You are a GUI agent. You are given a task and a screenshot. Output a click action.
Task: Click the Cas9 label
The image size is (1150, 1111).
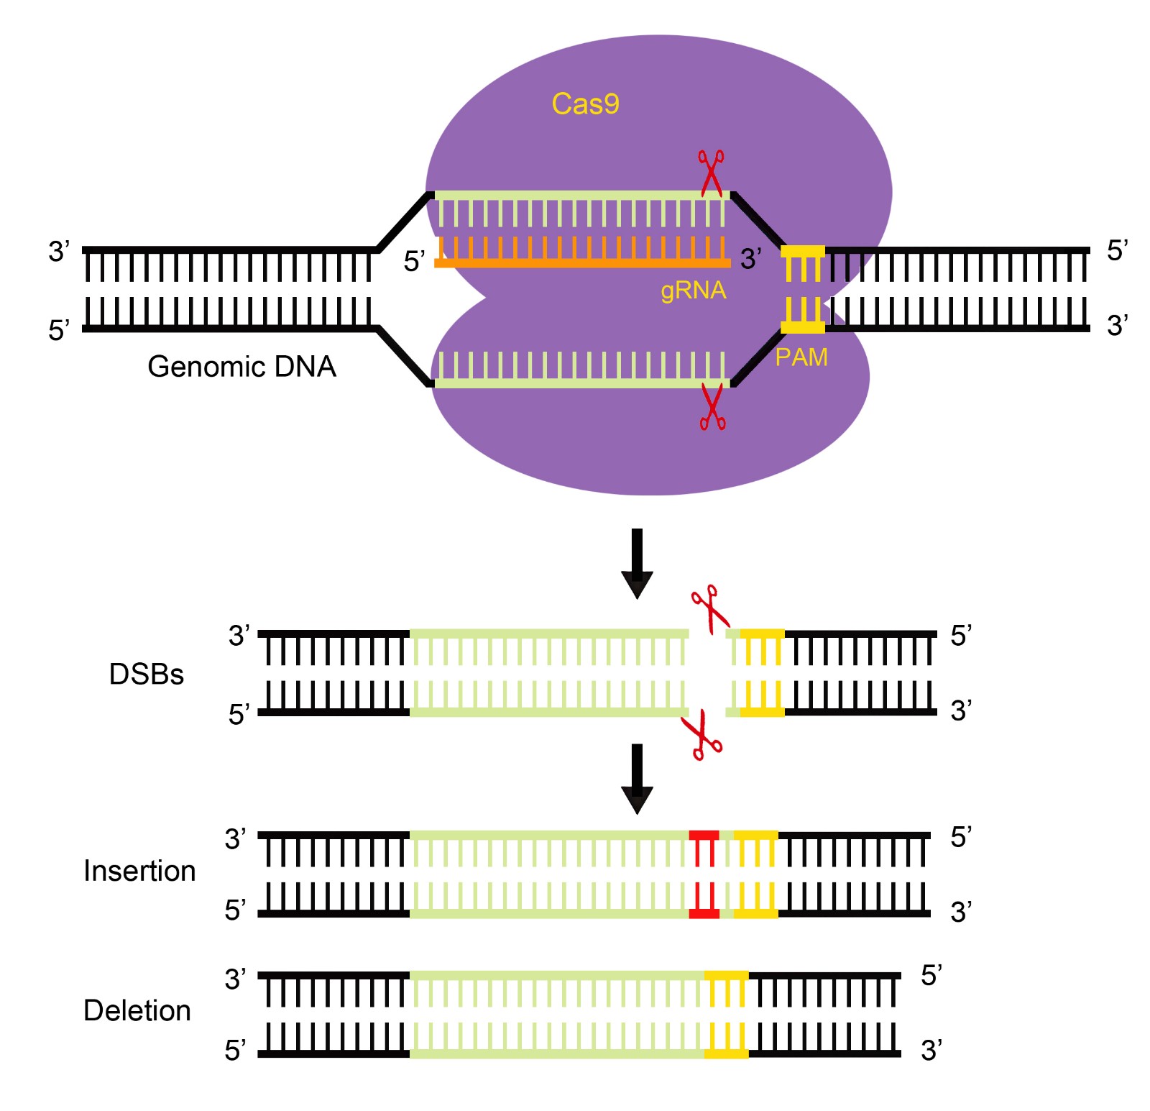[585, 104]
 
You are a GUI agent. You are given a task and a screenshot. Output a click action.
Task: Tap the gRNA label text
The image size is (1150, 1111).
[693, 291]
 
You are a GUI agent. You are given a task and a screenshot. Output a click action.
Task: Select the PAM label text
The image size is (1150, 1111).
[801, 357]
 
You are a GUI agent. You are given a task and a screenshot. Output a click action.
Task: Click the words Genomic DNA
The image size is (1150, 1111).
[241, 367]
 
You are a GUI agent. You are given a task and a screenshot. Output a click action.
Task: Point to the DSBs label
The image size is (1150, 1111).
[147, 675]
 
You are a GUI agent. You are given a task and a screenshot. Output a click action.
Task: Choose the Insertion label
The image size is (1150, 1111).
[139, 871]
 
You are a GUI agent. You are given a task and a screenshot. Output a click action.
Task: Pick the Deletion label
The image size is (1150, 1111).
[137, 1010]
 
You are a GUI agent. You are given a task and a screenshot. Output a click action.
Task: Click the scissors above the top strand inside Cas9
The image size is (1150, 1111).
[711, 173]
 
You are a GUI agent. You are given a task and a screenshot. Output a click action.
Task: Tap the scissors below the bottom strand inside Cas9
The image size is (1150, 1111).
[712, 407]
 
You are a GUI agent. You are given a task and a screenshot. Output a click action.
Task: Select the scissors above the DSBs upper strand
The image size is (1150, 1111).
[710, 608]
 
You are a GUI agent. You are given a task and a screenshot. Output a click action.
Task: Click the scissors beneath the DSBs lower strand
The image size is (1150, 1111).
[702, 736]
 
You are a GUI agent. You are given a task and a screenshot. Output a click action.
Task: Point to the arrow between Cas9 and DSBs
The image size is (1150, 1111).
[637, 563]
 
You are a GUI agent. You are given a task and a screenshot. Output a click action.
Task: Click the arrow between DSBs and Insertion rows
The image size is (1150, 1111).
[637, 778]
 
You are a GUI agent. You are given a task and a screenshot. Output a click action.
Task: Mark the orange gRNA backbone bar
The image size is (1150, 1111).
[582, 263]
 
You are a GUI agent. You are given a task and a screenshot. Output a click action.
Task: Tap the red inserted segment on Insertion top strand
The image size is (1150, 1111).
[704, 836]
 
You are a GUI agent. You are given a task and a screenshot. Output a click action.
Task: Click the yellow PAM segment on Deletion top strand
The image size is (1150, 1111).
[726, 976]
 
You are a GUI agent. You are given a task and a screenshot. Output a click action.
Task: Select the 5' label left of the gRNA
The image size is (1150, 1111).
[415, 262]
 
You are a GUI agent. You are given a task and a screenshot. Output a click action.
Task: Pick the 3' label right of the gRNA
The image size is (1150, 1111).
[751, 259]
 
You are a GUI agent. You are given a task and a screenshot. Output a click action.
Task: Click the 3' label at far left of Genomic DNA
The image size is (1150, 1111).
[59, 252]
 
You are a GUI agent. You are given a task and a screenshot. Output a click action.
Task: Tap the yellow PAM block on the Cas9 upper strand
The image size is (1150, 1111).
[803, 251]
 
